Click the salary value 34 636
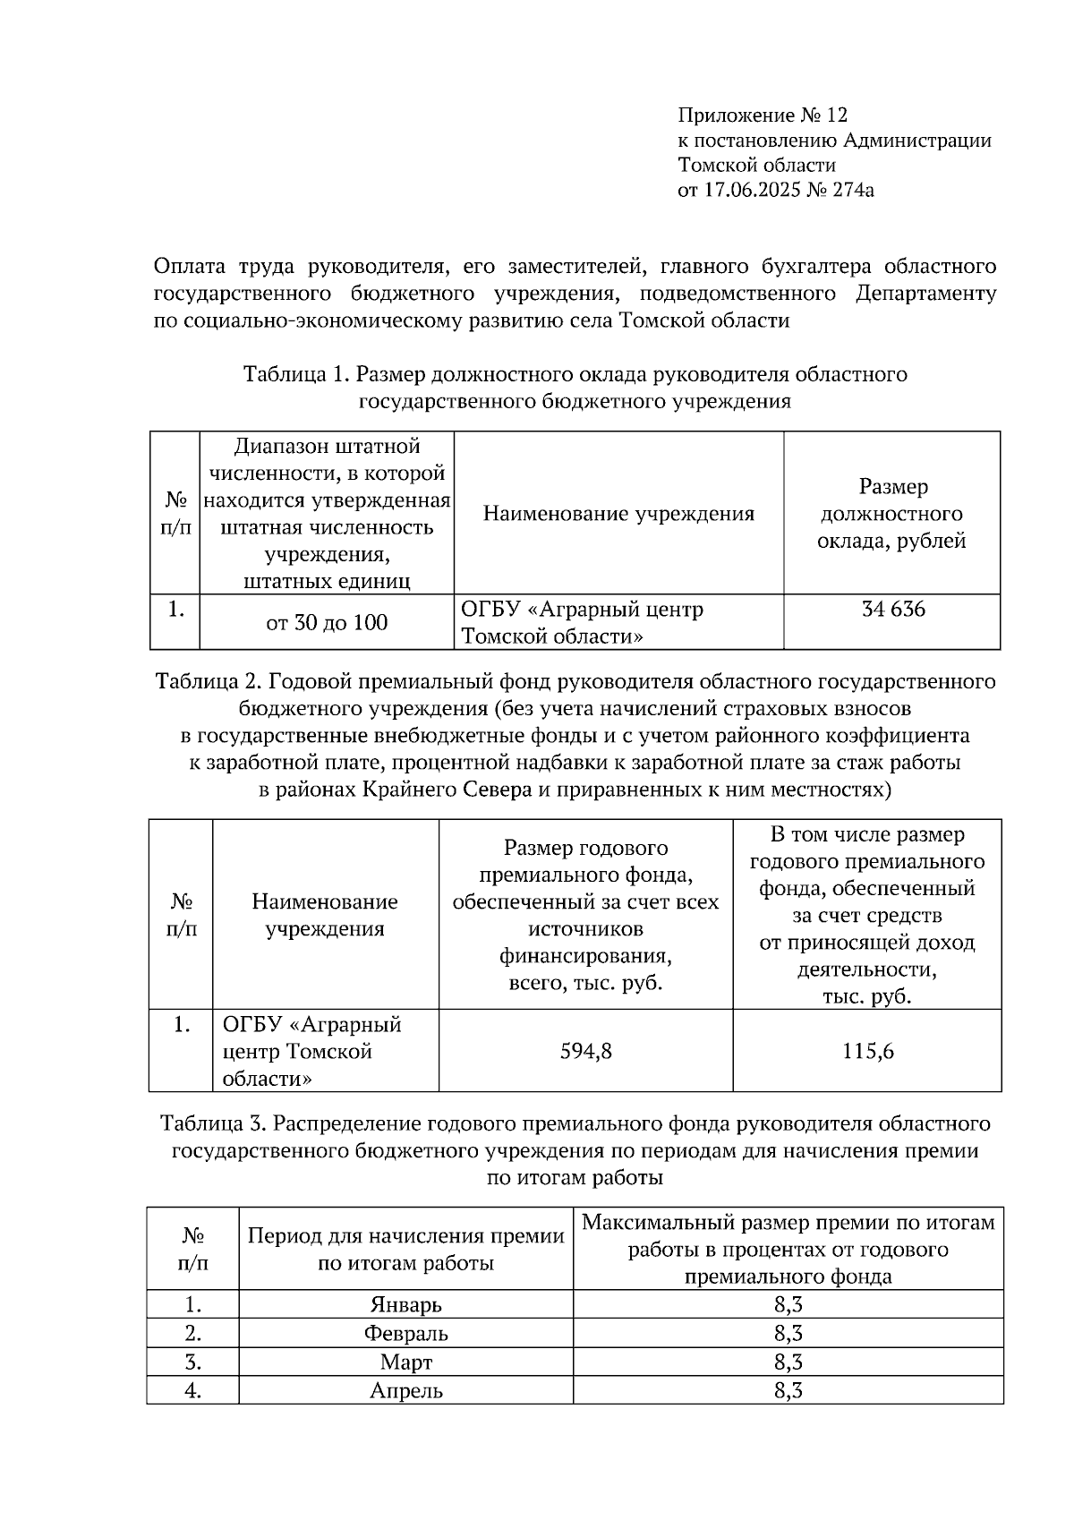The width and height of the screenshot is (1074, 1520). (x=892, y=610)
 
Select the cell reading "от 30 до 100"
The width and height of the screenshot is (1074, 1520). (x=327, y=622)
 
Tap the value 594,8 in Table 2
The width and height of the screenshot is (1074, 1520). (x=585, y=1051)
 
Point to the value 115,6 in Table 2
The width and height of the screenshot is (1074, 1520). (x=867, y=1051)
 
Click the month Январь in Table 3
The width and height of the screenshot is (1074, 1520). (x=405, y=1304)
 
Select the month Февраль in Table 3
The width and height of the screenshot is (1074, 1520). (x=405, y=1333)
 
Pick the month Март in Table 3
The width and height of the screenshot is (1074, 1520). (x=405, y=1362)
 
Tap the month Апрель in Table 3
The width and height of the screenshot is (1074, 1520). (x=405, y=1390)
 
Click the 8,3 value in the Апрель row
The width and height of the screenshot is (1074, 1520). (x=788, y=1390)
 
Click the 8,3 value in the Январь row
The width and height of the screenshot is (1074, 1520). (x=788, y=1304)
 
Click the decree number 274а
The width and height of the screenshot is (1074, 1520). (x=851, y=190)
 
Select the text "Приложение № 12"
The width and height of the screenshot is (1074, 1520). (x=762, y=115)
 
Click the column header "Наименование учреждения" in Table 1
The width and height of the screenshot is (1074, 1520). (x=618, y=513)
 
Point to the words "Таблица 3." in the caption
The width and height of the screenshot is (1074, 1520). (x=212, y=1123)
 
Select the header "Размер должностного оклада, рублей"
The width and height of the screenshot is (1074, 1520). (x=891, y=513)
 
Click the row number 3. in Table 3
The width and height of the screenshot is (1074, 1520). (x=192, y=1362)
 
